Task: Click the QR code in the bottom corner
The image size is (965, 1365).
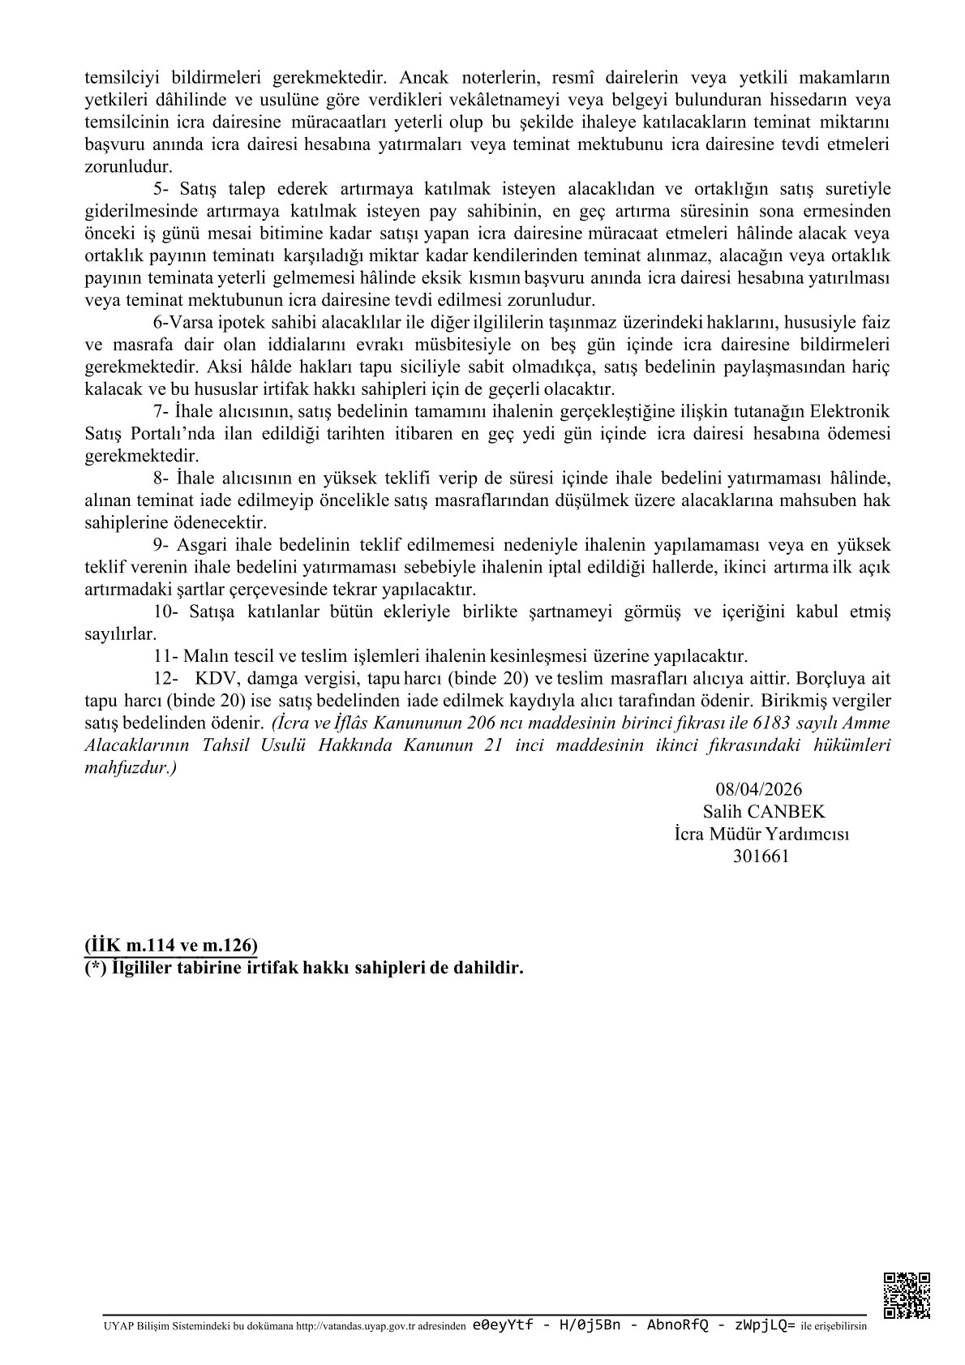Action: [x=907, y=1295]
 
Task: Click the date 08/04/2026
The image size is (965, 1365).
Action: [x=759, y=790]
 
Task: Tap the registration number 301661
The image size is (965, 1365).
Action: [x=761, y=855]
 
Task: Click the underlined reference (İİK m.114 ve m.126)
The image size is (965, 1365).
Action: [x=171, y=945]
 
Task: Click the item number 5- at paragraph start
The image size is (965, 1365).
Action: [x=161, y=190]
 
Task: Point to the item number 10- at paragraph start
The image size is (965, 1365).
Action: [x=165, y=612]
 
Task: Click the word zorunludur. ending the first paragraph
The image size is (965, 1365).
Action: [x=128, y=167]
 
